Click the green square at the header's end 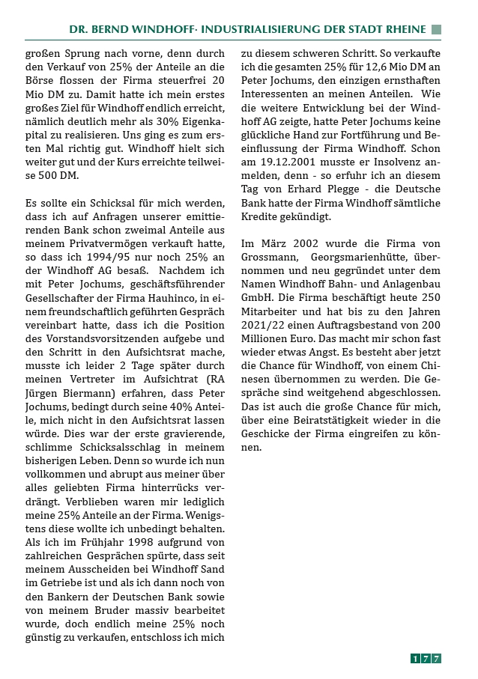tap(436, 29)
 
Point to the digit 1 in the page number tap(415, 659)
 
